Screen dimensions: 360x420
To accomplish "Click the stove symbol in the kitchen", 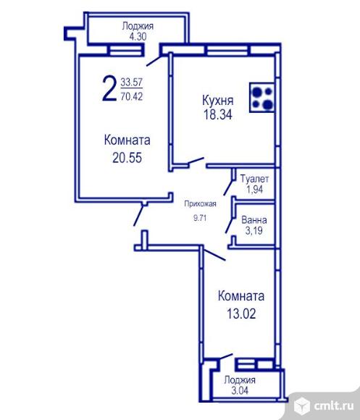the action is (262, 97).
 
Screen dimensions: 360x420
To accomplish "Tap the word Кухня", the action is (218, 101).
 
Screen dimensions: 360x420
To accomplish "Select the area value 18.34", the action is (218, 114).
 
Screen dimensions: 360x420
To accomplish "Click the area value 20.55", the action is (127, 158).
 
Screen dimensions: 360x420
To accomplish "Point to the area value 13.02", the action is (241, 314).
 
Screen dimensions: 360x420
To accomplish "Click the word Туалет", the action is (254, 179).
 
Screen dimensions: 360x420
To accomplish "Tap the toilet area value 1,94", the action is (254, 190).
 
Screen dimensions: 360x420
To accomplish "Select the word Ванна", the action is (254, 220).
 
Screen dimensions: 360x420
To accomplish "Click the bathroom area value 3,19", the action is (254, 230).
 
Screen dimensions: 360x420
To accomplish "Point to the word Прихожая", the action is (200, 203).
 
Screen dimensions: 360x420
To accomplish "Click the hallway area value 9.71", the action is (200, 218).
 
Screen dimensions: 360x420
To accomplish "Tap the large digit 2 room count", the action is (109, 88).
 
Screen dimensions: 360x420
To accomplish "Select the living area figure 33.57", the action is (132, 82).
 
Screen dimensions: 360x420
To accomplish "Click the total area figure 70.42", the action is (132, 96).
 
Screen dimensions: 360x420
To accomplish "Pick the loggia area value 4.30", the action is (138, 36).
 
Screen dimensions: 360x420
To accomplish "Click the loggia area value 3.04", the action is (240, 390).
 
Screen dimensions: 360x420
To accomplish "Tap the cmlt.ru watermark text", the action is (334, 406).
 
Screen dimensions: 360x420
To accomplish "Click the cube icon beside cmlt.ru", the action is (302, 406).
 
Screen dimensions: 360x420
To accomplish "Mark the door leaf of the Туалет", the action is (228, 188).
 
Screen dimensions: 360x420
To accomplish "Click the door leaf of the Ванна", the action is (230, 226).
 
